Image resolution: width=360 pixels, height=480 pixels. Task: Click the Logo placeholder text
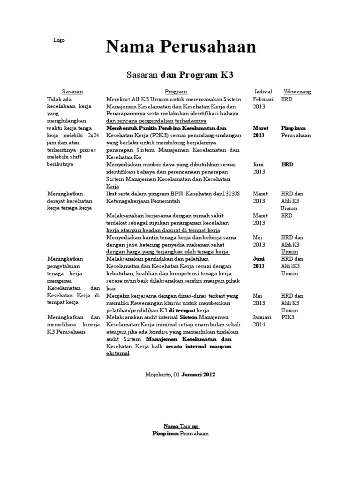pos(59,40)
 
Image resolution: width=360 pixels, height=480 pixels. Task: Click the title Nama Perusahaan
pos(181,47)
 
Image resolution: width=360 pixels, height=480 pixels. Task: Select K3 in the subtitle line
pos(227,75)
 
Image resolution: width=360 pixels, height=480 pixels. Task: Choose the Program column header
pos(176,91)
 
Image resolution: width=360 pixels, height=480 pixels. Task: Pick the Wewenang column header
pos(297,91)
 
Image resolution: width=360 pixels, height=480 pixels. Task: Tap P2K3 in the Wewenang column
pos(288,317)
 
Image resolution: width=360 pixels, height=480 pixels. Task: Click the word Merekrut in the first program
pos(118,99)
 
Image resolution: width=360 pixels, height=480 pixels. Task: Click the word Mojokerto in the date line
pos(158,375)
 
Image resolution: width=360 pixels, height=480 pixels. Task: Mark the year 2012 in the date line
pos(210,375)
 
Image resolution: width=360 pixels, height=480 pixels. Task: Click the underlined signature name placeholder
pos(181,426)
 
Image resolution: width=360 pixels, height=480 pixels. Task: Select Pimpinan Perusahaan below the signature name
pos(181,434)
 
